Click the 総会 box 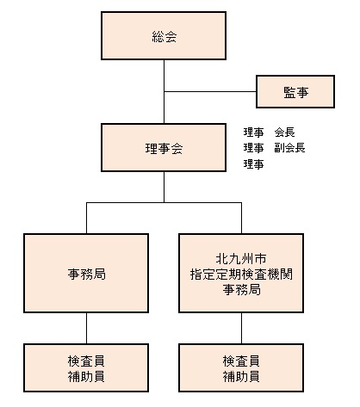[164, 35]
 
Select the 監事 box [295, 92]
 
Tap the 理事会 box [164, 148]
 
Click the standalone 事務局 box [86, 273]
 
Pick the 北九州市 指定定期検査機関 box [241, 273]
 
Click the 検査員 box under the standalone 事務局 [86, 367]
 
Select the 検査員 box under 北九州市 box [241, 367]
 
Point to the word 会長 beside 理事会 [284, 133]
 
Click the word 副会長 [289, 148]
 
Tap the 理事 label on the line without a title [253, 164]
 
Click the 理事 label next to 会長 [253, 133]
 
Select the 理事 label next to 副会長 [253, 148]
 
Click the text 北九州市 [241, 259]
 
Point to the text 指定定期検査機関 [241, 274]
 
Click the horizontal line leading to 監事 [210, 92]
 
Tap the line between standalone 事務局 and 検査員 [86, 328]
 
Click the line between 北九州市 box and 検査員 [241, 328]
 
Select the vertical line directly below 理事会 [164, 187]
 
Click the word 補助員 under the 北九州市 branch [241, 376]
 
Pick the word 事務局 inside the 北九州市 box [242, 290]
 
